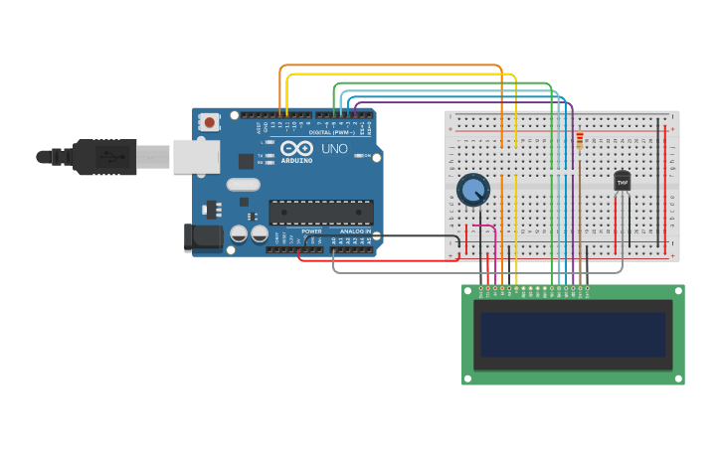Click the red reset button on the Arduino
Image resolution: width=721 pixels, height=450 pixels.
[x=209, y=122]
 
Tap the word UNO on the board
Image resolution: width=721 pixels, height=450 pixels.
[x=334, y=148]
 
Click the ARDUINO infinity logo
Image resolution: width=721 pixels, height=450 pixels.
[x=296, y=148]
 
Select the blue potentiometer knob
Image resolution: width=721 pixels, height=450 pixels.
[x=473, y=189]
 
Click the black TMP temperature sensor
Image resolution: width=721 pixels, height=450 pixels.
[x=623, y=181]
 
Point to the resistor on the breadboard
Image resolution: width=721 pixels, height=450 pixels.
[x=580, y=142]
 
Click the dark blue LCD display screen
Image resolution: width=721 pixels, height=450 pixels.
[x=573, y=335]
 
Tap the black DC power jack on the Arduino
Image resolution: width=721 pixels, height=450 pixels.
[x=203, y=236]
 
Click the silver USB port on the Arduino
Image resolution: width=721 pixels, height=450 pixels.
[x=196, y=156]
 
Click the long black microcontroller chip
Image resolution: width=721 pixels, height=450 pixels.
[x=321, y=212]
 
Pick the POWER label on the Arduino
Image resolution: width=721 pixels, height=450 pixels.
[x=311, y=231]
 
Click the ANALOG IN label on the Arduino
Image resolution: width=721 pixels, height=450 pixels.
[x=355, y=231]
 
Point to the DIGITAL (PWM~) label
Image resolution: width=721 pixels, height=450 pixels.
[x=331, y=132]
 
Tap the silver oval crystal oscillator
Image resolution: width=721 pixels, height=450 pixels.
[x=243, y=184]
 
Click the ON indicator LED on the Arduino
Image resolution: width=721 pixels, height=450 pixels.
[x=368, y=156]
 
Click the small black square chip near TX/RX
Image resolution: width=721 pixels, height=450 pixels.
[x=246, y=161]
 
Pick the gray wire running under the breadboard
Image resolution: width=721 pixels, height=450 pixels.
[x=477, y=272]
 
